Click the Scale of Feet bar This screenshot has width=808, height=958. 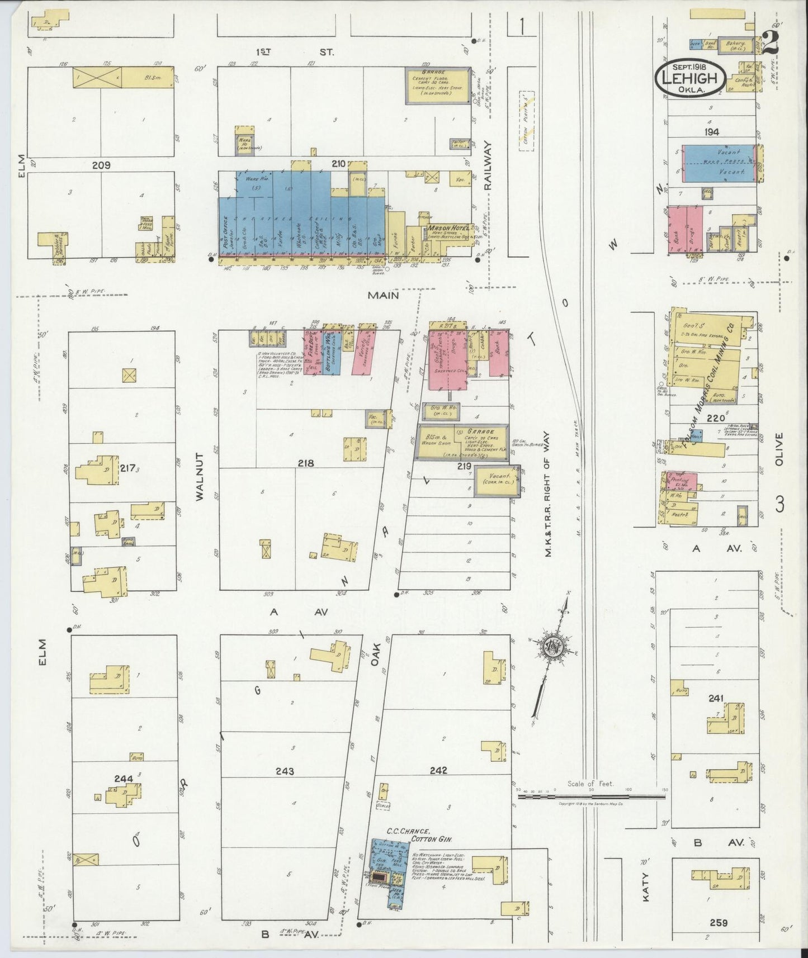click(590, 796)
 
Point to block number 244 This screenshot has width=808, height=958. click(124, 778)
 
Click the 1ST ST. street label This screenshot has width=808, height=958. click(295, 52)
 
